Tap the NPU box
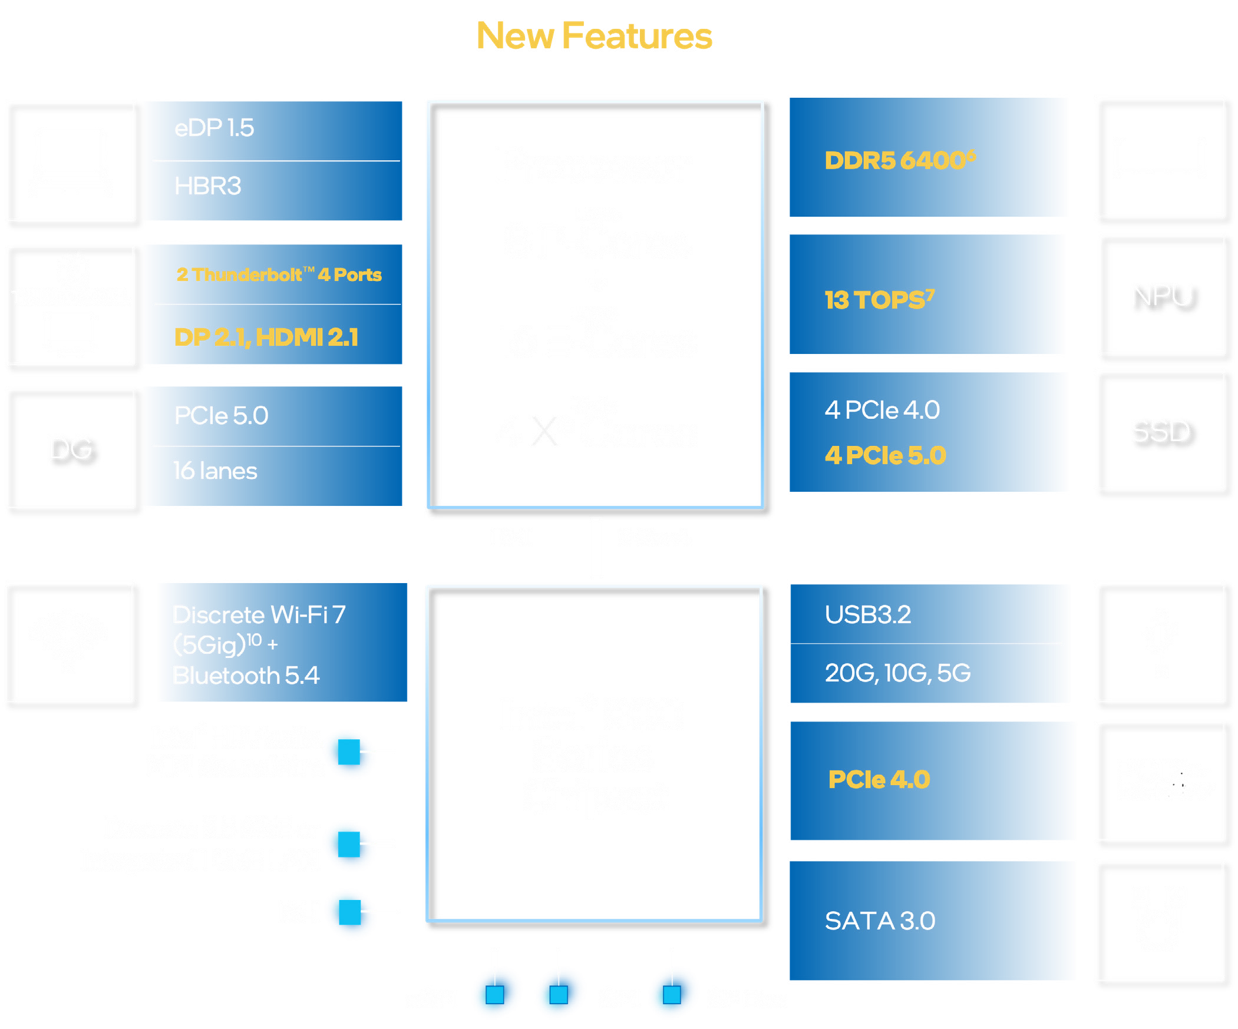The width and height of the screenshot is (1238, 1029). [1160, 295]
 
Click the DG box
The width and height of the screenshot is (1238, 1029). [71, 448]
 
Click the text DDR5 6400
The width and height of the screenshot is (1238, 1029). [900, 160]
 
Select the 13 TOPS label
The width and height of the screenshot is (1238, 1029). [879, 299]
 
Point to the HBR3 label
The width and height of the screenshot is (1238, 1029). [207, 186]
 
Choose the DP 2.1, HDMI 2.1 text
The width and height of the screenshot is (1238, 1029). [266, 337]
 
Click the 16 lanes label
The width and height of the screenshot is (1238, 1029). [215, 471]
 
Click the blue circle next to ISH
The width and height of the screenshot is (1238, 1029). [349, 914]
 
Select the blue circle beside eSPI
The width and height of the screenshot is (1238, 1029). [496, 994]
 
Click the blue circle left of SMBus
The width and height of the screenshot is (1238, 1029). [672, 994]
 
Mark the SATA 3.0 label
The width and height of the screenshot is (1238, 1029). [880, 921]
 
